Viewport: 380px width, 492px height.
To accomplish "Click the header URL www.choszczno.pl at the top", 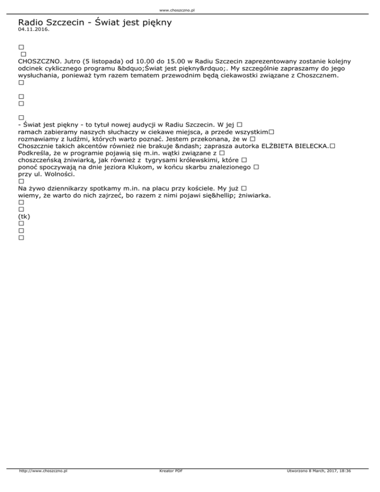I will pyautogui.click(x=190, y=10).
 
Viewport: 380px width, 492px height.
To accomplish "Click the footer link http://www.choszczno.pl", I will pyautogui.click(x=43, y=485).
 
